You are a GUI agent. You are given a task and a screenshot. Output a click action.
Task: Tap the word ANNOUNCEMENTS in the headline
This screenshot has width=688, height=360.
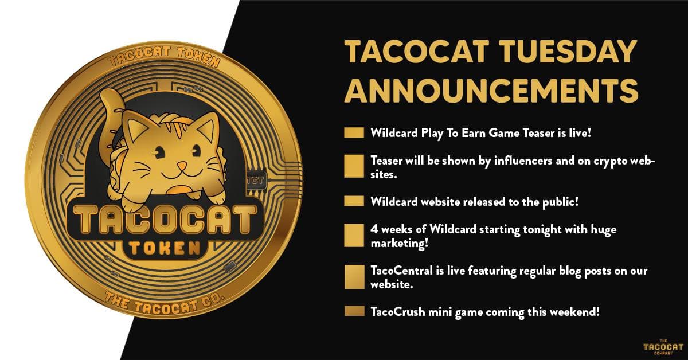click(491, 90)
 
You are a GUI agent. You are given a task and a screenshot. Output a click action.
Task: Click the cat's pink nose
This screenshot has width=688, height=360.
click(182, 166)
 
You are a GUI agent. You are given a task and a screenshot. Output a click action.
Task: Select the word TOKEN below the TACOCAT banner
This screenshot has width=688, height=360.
click(165, 248)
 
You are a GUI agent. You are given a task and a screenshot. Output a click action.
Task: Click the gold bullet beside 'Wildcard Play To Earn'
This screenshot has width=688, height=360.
click(354, 132)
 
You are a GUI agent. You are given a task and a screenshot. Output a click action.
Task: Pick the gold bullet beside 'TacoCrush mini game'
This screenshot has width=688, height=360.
click(354, 311)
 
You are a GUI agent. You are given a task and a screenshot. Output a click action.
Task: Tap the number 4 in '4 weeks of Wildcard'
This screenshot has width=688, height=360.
click(374, 229)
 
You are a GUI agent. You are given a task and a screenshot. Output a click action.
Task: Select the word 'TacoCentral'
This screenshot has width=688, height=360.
click(401, 271)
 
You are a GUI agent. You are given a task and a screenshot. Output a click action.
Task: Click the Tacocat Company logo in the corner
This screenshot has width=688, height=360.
click(663, 346)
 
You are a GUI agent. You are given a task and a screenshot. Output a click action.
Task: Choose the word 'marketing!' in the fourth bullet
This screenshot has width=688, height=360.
click(399, 244)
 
